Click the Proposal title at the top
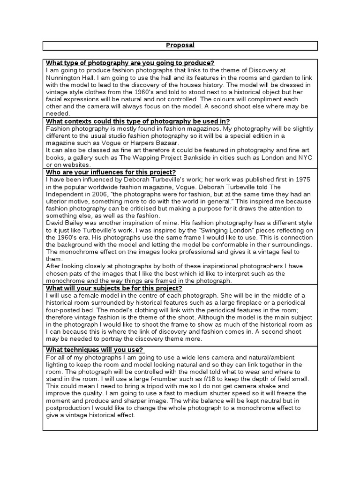[180, 45]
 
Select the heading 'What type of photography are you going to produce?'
[130, 63]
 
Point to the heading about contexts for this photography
[138, 121]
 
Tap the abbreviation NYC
[304, 157]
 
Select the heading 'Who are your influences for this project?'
[111, 172]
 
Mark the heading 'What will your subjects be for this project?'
[114, 288]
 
